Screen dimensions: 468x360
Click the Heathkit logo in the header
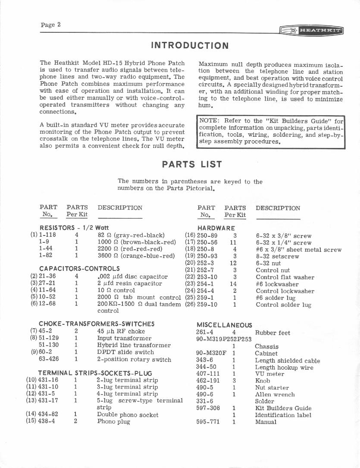click(311, 31)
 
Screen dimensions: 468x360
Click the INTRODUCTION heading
click(190, 46)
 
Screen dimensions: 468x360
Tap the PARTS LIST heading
click(192, 164)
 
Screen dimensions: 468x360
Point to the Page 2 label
click(50, 25)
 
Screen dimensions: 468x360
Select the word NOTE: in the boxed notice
click(209, 121)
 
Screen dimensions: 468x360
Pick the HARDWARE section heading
click(216, 228)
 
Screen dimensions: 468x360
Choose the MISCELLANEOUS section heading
click(224, 325)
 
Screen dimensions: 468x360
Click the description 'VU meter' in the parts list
click(269, 374)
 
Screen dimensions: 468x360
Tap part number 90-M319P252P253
click(224, 339)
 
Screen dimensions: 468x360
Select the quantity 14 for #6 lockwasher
click(233, 284)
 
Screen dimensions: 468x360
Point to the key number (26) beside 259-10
click(190, 305)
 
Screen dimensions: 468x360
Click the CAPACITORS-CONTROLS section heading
click(79, 269)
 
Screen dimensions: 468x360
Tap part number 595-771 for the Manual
click(208, 421)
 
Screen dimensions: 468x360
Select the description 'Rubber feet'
click(272, 333)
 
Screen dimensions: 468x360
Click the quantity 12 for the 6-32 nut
click(233, 263)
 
